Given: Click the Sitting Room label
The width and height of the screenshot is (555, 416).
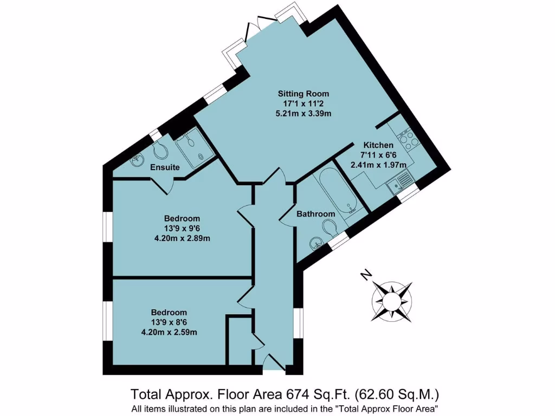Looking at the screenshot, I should tap(304, 93).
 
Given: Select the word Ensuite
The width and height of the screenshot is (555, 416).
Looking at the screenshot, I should tap(165, 167).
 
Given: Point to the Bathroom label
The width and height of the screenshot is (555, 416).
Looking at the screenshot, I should tap(315, 214).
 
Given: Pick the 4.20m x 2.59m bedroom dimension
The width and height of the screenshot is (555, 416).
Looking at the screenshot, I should tap(169, 332).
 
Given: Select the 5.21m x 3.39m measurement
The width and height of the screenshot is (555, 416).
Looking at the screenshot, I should tap(304, 114).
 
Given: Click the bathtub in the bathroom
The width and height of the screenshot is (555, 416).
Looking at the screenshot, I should tap(336, 190).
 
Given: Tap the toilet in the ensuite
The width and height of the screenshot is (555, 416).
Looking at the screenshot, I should tap(159, 150).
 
